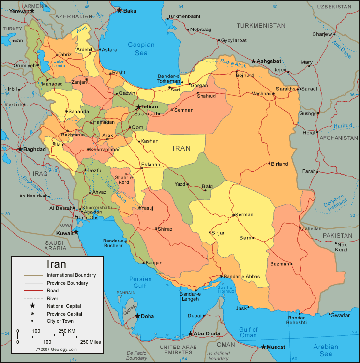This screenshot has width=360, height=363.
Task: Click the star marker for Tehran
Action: click(138, 107)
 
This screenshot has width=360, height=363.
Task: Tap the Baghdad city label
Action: click(35, 149)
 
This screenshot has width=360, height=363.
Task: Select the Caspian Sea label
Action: click(141, 48)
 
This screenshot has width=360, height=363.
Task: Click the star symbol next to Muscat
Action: click(264, 347)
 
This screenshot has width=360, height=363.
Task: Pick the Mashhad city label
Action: click(262, 93)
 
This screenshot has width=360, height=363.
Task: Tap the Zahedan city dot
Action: click(300, 229)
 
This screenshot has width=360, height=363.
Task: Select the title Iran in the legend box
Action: click(56, 264)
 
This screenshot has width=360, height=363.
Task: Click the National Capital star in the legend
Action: click(32, 306)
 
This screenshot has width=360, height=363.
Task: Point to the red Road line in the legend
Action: click(33, 290)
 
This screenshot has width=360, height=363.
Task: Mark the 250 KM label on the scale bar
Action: click(67, 331)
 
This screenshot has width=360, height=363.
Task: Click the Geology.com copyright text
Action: click(56, 349)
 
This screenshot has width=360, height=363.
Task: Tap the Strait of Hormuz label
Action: click(225, 289)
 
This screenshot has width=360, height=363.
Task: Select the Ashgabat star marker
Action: click(253, 61)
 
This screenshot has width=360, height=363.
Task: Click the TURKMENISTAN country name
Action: click(261, 25)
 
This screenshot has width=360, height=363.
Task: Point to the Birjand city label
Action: click(280, 164)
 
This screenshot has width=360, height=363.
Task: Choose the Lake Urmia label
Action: click(59, 63)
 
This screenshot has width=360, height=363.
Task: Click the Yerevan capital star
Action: click(32, 11)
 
